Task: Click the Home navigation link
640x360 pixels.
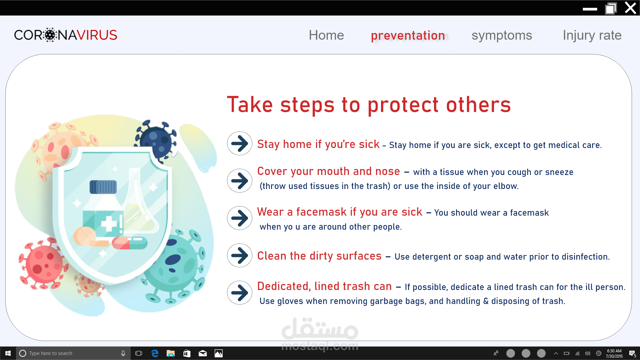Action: pyautogui.click(x=326, y=35)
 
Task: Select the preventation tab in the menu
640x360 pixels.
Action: pyautogui.click(x=408, y=36)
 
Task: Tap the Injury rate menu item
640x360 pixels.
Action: pyautogui.click(x=592, y=36)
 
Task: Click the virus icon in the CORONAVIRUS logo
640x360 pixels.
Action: pyautogui.click(x=50, y=35)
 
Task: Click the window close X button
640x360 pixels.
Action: pyautogui.click(x=630, y=8)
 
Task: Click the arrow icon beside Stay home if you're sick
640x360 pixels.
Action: pyautogui.click(x=240, y=143)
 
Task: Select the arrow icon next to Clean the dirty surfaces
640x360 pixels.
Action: pyautogui.click(x=240, y=255)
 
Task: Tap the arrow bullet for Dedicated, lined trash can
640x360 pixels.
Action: pyautogui.click(x=240, y=293)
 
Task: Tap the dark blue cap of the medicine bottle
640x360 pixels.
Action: pyautogui.click(x=103, y=187)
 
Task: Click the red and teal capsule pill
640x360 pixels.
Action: pyautogui.click(x=130, y=243)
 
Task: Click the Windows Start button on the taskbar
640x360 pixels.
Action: pyautogui.click(x=8, y=353)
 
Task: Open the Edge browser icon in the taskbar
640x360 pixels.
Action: pyautogui.click(x=155, y=353)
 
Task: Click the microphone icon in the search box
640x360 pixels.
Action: pyautogui.click(x=123, y=353)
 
